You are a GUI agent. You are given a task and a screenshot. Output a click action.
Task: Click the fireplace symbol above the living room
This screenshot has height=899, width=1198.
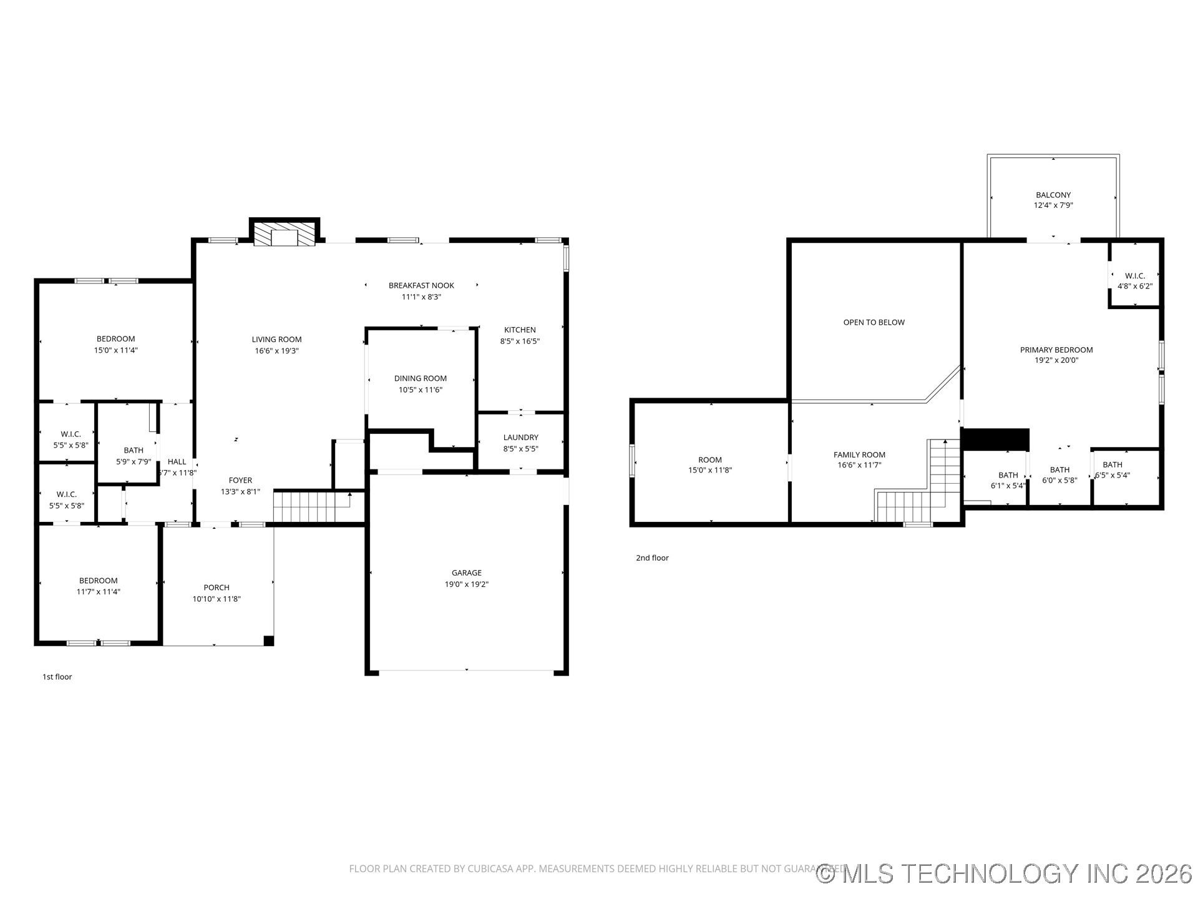point(285,233)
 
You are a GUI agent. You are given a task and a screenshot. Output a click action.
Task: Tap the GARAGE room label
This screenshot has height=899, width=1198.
point(466,572)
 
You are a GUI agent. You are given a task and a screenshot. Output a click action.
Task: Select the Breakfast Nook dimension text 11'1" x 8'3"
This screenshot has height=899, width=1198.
point(421,297)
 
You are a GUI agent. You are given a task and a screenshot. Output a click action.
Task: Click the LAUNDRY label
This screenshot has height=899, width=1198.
point(520,438)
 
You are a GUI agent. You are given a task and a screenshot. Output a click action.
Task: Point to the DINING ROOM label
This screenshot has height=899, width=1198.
point(420,378)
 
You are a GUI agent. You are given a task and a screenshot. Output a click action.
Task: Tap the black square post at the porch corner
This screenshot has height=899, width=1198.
point(268,641)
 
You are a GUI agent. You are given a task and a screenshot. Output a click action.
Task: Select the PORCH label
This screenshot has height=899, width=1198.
point(217,587)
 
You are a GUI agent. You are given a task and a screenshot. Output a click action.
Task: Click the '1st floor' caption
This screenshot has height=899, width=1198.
point(57,677)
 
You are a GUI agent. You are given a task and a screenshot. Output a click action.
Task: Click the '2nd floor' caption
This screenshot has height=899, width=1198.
point(652,558)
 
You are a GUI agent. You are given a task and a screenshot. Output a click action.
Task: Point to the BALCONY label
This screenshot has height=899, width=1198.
point(1053,195)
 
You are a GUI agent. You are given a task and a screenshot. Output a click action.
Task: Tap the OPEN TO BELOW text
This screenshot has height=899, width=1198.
point(874,323)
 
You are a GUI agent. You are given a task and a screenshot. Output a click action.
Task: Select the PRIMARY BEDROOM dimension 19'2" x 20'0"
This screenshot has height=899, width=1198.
point(1056,360)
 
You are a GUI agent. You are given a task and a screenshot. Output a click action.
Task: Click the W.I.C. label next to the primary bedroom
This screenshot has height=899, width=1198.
point(1134,276)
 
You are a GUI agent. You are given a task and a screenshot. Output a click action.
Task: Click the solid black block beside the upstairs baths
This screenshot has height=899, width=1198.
point(995,439)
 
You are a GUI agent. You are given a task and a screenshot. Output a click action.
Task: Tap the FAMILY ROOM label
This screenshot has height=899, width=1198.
point(859,455)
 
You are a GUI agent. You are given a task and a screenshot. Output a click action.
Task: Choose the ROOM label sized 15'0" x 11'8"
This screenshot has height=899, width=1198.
point(710,460)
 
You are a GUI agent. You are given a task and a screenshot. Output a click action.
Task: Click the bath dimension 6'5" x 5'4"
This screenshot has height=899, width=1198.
point(1113,475)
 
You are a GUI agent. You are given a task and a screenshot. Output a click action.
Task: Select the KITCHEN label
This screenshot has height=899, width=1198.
point(520,330)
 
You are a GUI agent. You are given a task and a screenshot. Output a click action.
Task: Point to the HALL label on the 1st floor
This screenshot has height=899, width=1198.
point(177,462)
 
